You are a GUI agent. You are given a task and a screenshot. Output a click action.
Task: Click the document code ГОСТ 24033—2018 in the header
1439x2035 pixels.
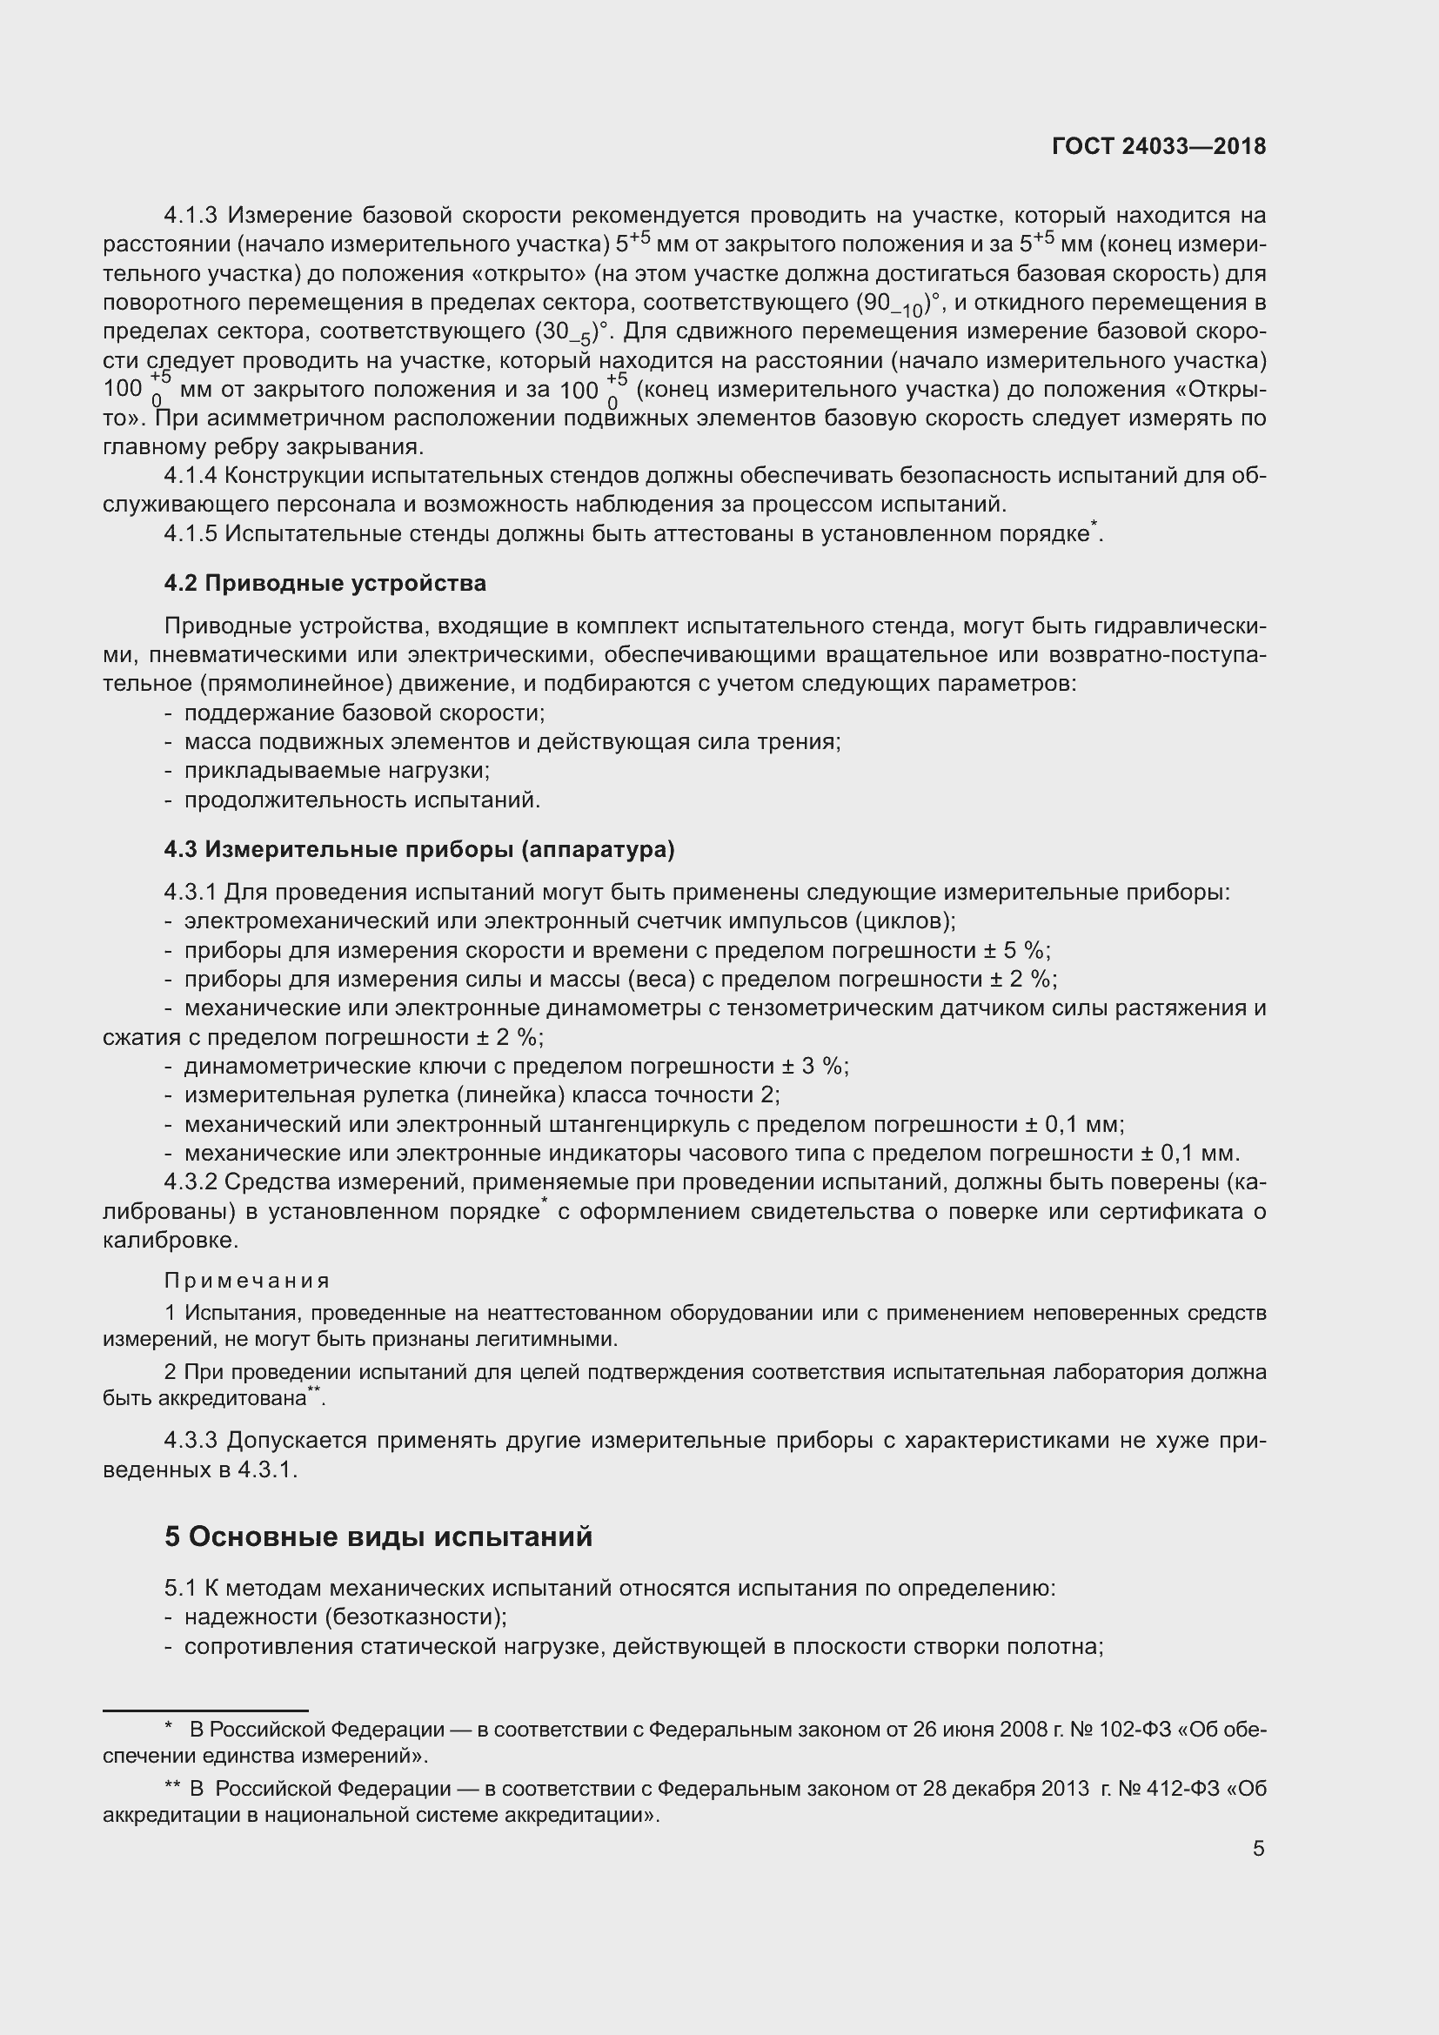tap(1159, 146)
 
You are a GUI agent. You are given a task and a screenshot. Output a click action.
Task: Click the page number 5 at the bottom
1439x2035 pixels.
tap(1258, 1848)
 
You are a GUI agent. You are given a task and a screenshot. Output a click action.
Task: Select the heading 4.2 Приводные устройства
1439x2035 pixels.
tap(325, 583)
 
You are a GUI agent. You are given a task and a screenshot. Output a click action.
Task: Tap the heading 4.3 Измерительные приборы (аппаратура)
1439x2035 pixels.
tap(419, 849)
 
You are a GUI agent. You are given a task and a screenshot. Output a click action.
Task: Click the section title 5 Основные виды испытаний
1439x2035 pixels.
tap(378, 1536)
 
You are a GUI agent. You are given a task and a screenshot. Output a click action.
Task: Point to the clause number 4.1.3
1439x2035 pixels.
tap(191, 216)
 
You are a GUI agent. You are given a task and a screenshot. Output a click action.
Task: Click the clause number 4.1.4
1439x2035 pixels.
tap(191, 476)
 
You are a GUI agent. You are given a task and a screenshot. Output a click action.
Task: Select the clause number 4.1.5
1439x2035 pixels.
tap(191, 533)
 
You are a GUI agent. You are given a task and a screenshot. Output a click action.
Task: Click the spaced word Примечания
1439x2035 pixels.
tap(247, 1281)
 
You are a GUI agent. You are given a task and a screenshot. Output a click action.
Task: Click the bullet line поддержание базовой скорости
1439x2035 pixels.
tap(365, 713)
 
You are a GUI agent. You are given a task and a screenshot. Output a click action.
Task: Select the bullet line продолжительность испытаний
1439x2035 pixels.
tap(362, 800)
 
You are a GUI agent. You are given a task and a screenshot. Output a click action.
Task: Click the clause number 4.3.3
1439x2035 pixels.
tap(191, 1440)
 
